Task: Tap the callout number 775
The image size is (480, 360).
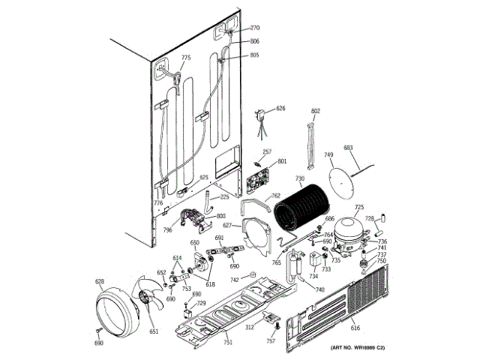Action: coord(186,58)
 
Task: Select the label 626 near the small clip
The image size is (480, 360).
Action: coord(280,109)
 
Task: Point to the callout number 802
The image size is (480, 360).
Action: coord(316,112)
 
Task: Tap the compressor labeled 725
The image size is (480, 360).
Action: coord(347,232)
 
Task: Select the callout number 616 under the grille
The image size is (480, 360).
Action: coord(355,328)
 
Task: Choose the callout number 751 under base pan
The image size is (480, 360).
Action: coord(227,343)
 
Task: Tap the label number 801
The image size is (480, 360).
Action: coord(282,161)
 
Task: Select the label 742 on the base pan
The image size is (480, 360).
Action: coord(235,279)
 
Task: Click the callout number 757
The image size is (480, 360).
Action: coord(271,341)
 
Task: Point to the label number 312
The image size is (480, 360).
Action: coord(249,327)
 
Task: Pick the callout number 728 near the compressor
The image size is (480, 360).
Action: coord(369,218)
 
